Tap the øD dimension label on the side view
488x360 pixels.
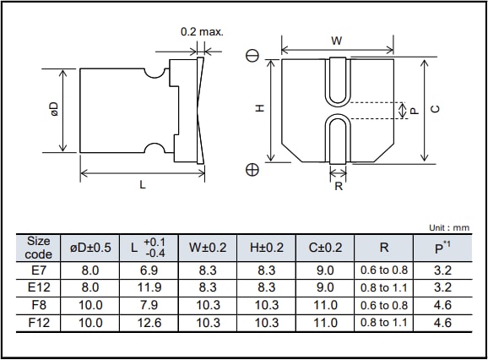point(53,110)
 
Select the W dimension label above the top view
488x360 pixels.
point(336,41)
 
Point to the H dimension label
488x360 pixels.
point(260,108)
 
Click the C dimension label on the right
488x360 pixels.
point(434,109)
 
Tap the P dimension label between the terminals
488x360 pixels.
point(403,110)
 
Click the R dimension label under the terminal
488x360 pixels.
point(339,186)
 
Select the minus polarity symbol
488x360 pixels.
point(252,57)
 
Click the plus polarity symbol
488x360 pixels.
point(252,169)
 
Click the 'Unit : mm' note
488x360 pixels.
point(448,228)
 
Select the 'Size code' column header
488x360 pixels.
point(39,248)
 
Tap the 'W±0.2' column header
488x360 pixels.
point(208,248)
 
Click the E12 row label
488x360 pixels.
point(39,288)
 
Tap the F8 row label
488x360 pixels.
point(39,306)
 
